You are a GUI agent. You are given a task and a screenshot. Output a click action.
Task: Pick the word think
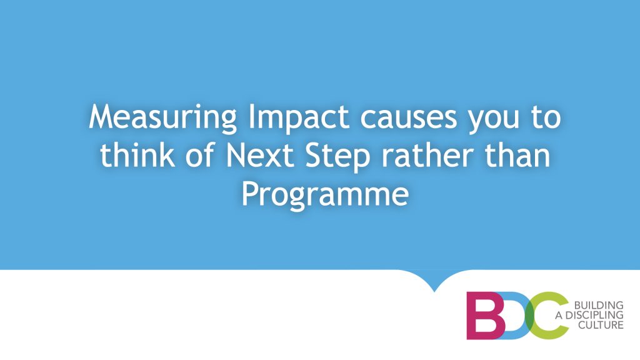click(137, 156)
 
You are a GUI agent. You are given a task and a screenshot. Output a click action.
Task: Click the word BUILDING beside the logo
click(599, 305)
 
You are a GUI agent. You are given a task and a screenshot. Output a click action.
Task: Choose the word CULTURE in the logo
click(601, 325)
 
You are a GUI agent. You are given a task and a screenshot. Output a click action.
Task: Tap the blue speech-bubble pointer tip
click(434, 291)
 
